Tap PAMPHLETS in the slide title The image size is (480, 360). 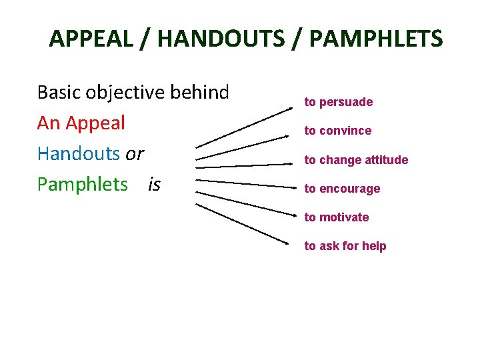(375, 39)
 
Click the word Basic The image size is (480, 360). (59, 92)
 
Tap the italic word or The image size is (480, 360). (135, 154)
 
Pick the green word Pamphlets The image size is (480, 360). (82, 184)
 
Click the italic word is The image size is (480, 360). (154, 184)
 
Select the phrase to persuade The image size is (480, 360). (339, 102)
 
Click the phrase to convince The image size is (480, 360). (338, 131)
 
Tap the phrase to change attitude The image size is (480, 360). (356, 160)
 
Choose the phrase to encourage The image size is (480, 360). (342, 189)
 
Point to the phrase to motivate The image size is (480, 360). (337, 217)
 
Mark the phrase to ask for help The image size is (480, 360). (345, 246)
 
